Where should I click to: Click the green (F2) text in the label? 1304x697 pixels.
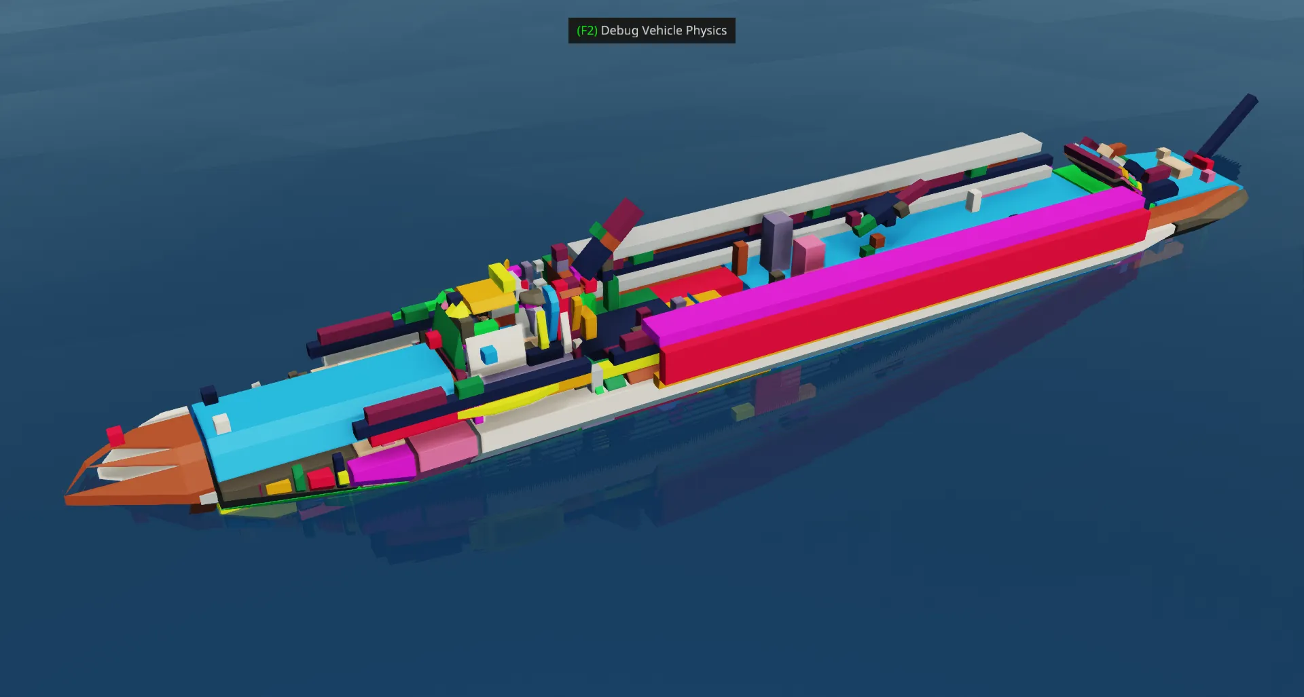(587, 31)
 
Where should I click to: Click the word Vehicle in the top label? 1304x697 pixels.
(662, 31)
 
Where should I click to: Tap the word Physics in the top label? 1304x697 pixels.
(706, 31)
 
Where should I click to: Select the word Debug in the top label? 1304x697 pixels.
(619, 31)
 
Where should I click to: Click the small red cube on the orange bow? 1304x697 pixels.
(115, 435)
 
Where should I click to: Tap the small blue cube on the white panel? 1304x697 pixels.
(489, 355)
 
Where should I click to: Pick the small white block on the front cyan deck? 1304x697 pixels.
(221, 423)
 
